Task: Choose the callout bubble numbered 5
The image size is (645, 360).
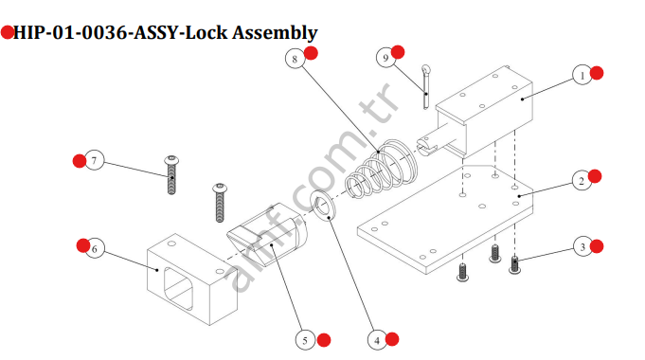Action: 305,339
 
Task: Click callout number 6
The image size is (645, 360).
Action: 93,249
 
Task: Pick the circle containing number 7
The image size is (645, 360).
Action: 93,160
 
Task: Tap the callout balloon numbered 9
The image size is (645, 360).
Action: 385,58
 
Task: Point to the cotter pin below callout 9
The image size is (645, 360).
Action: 428,83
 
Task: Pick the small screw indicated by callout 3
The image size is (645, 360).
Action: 515,263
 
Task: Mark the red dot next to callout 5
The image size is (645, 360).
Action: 324,339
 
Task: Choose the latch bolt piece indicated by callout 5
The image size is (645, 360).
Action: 270,237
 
